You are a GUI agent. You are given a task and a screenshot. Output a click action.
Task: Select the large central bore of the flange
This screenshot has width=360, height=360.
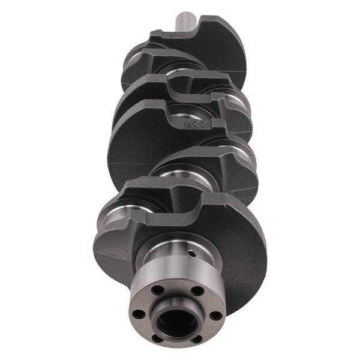[176, 322]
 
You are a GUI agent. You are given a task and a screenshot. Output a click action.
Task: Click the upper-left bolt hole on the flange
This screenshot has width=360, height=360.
[157, 290]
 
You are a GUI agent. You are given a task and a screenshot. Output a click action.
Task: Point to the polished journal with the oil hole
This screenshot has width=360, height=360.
[174, 252]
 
